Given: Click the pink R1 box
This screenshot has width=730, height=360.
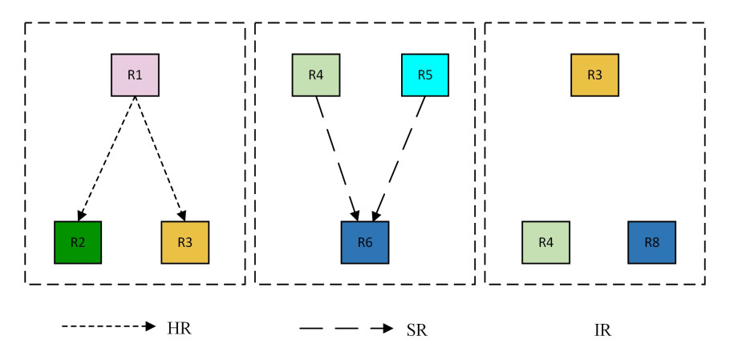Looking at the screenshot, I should click(135, 75).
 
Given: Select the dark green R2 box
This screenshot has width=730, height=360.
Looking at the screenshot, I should click(78, 242).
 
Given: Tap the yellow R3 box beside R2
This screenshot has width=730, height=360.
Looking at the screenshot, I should click(185, 242).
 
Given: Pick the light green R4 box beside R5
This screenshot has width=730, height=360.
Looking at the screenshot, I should click(316, 75).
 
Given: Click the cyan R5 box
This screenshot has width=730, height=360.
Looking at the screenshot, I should click(424, 75).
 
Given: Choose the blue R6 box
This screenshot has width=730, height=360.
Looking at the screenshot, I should click(364, 242).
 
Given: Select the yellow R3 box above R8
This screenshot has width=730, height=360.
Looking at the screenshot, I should click(594, 75).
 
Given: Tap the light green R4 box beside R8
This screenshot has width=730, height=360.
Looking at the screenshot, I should click(545, 242).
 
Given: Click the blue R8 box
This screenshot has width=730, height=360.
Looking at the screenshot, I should click(651, 242).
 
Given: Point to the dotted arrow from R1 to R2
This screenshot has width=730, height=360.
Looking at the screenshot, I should click(107, 158).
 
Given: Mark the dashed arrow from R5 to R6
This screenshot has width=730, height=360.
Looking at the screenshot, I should click(399, 158).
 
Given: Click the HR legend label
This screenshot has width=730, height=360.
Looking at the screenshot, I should click(180, 329).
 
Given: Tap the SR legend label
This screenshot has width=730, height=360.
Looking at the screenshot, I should click(416, 330).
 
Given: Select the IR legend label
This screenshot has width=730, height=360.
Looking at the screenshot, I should click(602, 330).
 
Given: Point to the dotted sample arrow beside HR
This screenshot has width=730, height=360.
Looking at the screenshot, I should click(108, 327).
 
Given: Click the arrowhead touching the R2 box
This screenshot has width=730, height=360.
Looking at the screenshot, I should click(81, 216).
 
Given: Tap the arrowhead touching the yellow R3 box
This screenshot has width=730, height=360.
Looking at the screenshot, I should click(183, 216).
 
